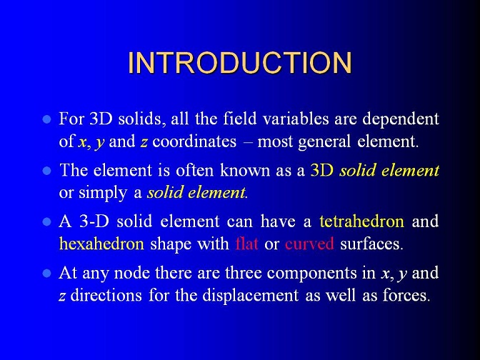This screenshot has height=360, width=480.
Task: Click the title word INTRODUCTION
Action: pos(240,63)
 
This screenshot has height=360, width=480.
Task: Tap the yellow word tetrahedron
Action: pos(361,221)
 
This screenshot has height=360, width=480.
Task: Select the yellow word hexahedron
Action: pos(101,244)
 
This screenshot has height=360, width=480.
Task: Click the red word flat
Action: pos(246,244)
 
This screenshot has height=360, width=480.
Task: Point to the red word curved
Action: pos(309,244)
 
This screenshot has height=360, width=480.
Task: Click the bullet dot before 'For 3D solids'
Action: pos(46,119)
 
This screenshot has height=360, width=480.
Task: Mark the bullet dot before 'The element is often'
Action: pos(46,171)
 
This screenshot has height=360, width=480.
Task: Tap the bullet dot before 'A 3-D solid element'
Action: pos(46,221)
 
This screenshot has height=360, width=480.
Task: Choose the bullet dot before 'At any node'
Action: pos(46,273)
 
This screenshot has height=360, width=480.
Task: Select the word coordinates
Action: pos(194,141)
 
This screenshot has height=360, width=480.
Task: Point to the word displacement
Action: pos(251,296)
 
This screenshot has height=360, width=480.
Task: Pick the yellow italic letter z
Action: pos(144,143)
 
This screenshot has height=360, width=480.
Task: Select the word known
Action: pos(245,170)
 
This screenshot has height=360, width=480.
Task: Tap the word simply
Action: pos(103,194)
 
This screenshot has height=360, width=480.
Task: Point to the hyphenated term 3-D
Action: pos(94,221)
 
